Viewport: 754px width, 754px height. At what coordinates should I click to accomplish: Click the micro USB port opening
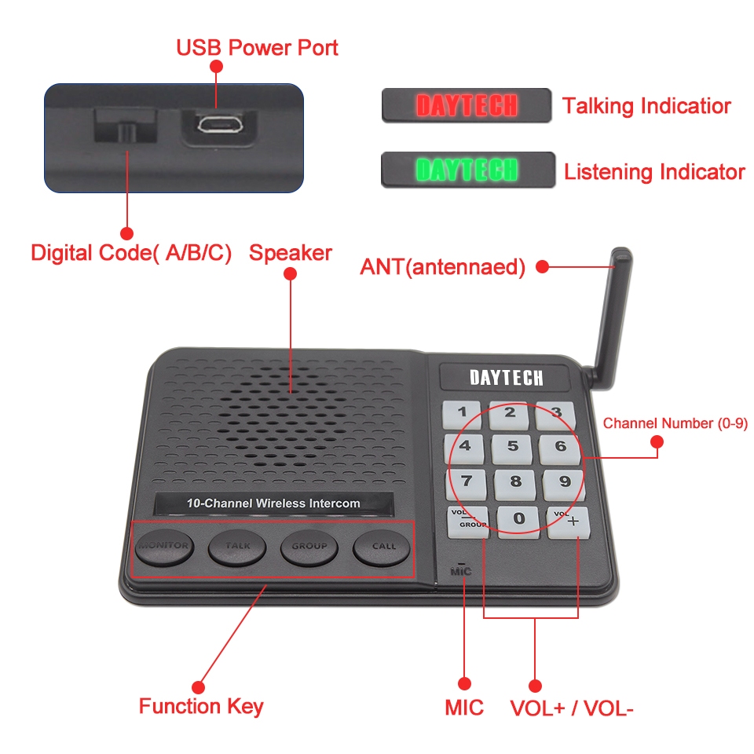point(220,125)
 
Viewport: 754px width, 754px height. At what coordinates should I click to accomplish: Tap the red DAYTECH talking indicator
point(467,105)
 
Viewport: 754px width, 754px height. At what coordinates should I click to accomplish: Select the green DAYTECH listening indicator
point(468,170)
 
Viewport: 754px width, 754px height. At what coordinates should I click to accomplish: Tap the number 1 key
point(462,414)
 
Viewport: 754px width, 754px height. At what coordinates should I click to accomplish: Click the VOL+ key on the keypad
point(569,523)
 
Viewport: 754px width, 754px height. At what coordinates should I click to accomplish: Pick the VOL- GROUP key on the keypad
point(468,522)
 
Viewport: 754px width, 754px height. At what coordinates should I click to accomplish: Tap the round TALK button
point(237,547)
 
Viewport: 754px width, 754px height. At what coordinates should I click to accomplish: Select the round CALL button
point(382,549)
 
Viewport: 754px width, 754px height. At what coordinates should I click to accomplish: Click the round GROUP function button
point(309,548)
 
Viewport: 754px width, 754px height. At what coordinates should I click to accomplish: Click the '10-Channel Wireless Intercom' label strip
point(273,503)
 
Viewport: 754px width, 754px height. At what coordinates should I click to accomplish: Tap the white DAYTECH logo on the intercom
point(507,378)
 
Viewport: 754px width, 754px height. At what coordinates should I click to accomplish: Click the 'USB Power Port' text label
point(258,48)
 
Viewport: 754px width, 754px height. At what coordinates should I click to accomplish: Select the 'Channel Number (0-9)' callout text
point(675,423)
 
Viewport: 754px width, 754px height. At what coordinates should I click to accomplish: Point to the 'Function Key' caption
point(201,706)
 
